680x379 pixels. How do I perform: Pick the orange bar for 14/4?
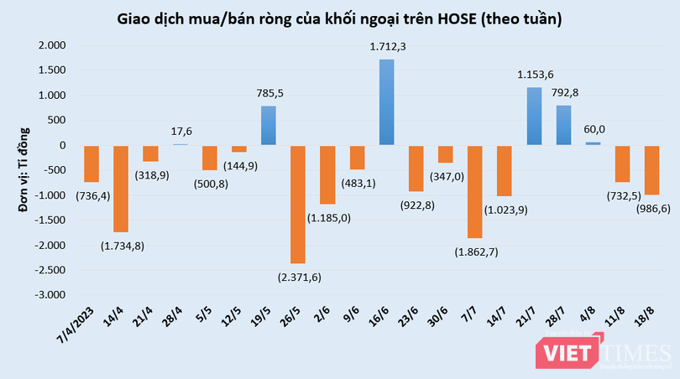[121, 188]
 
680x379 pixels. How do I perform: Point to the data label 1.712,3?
[387, 48]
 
